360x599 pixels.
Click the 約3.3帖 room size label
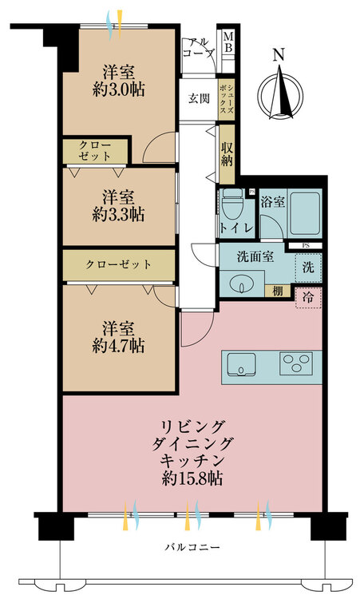point(118,205)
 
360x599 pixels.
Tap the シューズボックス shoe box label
point(229,99)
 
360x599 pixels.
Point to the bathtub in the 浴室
point(304,213)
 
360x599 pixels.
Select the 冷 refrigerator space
point(307,297)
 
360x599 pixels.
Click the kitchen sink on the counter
point(240,367)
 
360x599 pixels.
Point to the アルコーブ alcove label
point(198,48)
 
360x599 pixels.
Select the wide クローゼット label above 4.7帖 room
point(119,264)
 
